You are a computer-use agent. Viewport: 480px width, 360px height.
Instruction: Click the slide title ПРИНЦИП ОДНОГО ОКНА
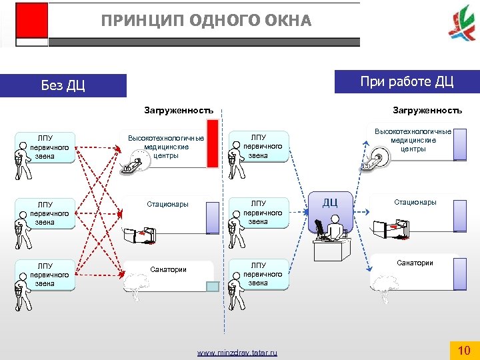pos(206,21)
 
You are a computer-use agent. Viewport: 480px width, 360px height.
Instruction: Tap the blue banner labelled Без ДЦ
pos(63,85)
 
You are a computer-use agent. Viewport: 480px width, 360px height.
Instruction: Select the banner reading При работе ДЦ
pos(407,82)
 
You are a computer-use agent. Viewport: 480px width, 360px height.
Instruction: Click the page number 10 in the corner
pos(464,349)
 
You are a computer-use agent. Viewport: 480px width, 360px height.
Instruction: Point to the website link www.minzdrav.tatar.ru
pos(237,353)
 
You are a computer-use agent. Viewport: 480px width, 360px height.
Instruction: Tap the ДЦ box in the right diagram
pos(330,202)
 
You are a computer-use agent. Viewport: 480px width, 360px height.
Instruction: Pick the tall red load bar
pos(213,142)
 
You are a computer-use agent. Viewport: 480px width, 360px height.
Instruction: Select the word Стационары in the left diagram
pos(167,204)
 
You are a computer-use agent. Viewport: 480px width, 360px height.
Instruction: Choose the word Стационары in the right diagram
pos(415,201)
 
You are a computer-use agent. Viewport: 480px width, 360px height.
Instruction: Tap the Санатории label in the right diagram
pos(415,263)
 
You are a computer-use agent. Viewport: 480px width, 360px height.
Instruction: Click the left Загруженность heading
pos(179,111)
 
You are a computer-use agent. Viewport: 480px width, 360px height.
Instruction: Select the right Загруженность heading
pos(427,110)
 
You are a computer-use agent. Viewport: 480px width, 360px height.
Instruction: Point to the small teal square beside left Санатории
pos(212,286)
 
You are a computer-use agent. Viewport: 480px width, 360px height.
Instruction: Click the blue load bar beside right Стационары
pos(459,215)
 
